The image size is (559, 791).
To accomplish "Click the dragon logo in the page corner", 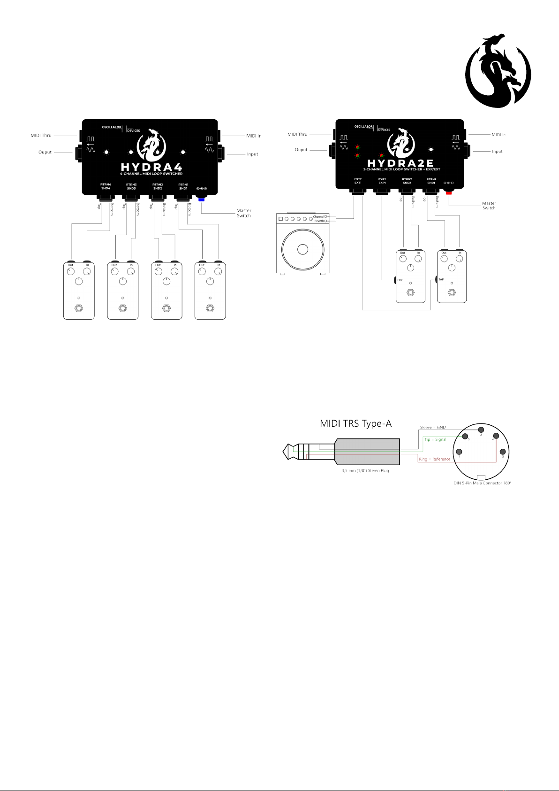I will point(498,70).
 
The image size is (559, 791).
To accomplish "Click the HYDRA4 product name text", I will point(151,167).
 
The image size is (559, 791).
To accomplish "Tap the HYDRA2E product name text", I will point(401,163).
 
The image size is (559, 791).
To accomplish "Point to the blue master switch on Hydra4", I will point(202,200).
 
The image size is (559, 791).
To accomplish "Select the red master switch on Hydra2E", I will point(449,193).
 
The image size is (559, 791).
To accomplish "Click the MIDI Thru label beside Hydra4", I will point(41,136).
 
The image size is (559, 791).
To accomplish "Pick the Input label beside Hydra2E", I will point(497,152).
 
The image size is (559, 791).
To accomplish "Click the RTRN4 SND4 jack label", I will point(106,187).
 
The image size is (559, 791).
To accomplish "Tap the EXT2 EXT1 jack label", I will point(358,181).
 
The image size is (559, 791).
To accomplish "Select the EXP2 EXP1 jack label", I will point(382,181).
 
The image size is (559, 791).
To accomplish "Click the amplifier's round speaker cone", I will point(302,249).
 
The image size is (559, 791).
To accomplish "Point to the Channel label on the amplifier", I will point(318,217).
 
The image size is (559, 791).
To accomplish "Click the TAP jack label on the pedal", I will point(441,280).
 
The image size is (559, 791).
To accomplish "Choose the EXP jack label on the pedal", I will point(400,280).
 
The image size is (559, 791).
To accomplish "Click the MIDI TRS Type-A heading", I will point(355,423).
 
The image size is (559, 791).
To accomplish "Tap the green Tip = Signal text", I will point(435,439).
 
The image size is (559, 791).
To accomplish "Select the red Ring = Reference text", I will point(434,459).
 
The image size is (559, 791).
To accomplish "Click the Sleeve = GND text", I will point(433,428).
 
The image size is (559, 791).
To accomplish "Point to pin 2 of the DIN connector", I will point(481,430).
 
